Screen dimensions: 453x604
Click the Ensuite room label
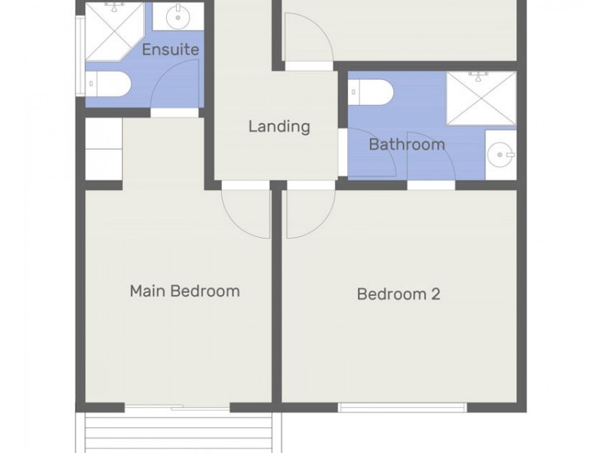pos(171,50)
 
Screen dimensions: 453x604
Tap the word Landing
pos(279,126)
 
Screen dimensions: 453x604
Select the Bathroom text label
pos(406,143)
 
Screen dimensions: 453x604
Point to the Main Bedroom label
pos(184,291)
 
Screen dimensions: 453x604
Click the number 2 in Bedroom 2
pos(435,294)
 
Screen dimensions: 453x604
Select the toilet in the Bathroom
pos(373,93)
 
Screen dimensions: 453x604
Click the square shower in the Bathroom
pos(481,98)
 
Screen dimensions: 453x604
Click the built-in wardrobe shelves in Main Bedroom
pos(103,149)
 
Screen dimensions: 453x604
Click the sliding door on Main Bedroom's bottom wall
pos(177,408)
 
